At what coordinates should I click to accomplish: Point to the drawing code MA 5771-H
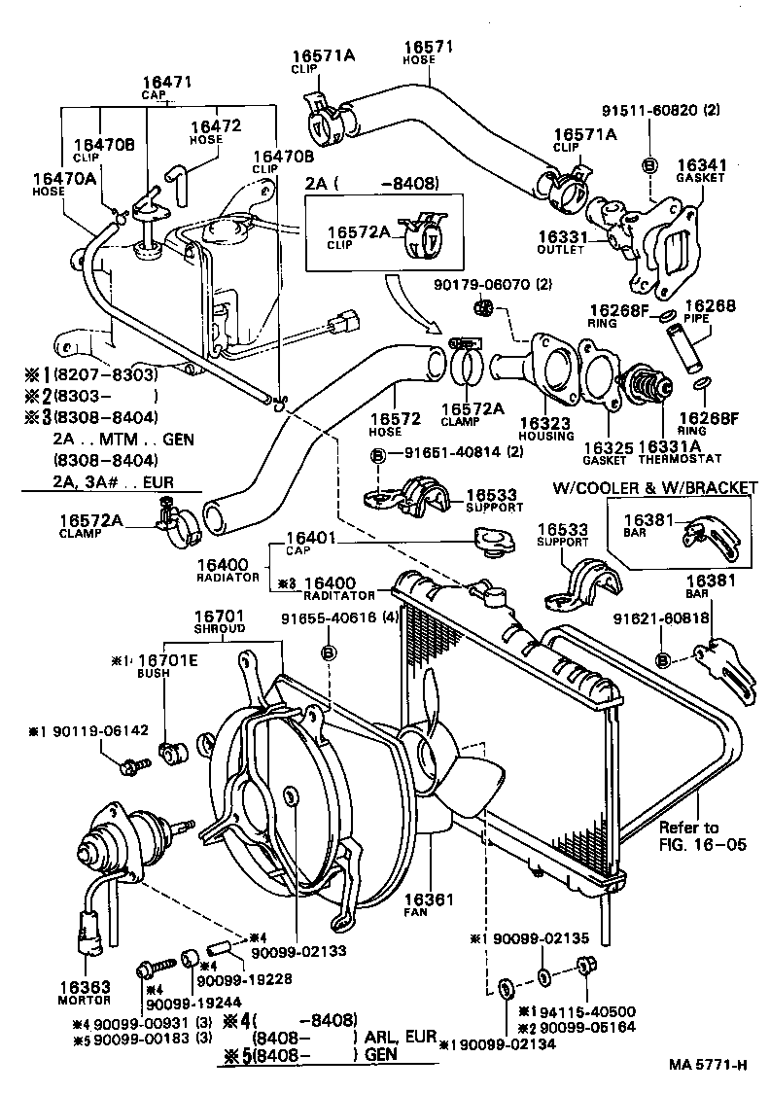708,1064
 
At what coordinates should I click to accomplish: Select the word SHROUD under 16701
220,628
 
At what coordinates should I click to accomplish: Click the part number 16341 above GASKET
702,165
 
